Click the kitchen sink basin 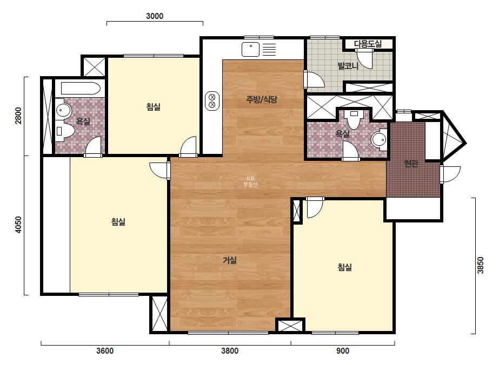click(x=250, y=50)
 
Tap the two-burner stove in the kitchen click(x=212, y=101)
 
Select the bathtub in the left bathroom click(x=81, y=89)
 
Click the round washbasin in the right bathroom click(x=379, y=139)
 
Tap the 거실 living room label click(x=229, y=260)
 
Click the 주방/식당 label click(x=262, y=99)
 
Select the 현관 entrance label click(x=411, y=164)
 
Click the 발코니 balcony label click(x=348, y=66)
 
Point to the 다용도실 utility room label click(x=368, y=44)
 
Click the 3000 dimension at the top click(x=155, y=16)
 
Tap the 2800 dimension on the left click(x=18, y=116)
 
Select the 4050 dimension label click(x=18, y=225)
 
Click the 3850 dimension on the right click(x=480, y=265)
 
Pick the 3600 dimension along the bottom click(x=105, y=351)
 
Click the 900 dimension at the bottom click(x=342, y=351)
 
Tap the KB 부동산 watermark click(x=250, y=181)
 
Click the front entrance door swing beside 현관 click(x=450, y=174)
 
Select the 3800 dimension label click(x=230, y=351)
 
